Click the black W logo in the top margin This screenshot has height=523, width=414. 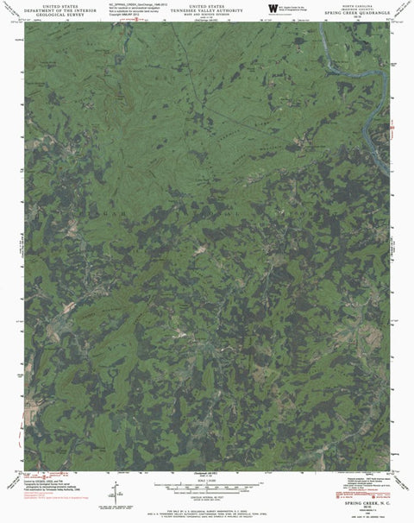(x=273, y=9)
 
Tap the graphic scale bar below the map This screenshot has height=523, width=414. (x=207, y=483)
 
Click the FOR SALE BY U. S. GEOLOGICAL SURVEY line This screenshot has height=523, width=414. (x=207, y=507)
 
